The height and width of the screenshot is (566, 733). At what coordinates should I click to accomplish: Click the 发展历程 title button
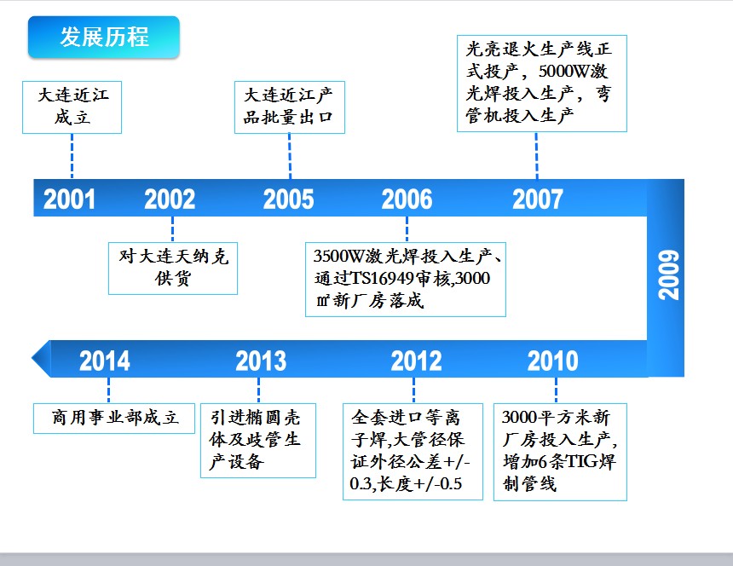click(x=104, y=37)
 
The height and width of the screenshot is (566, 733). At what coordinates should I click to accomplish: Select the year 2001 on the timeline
click(x=69, y=199)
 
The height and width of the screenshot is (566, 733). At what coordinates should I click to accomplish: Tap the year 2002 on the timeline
click(x=170, y=199)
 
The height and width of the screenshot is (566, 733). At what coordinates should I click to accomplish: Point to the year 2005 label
click(x=288, y=199)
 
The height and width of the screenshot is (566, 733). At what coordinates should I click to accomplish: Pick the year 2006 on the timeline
click(x=407, y=199)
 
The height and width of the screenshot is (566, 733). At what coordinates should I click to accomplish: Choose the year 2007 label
click(x=538, y=199)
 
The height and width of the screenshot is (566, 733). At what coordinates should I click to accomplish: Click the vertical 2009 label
click(x=668, y=274)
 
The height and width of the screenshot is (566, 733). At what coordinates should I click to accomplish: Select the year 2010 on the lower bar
click(x=553, y=361)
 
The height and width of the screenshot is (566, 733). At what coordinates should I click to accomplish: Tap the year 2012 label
click(x=417, y=361)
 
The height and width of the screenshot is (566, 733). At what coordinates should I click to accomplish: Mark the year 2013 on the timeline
click(x=261, y=361)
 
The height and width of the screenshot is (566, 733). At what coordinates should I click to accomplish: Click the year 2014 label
click(x=105, y=361)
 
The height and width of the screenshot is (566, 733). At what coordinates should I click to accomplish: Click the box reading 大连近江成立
click(x=72, y=107)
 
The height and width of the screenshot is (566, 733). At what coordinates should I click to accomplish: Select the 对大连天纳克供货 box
click(x=173, y=269)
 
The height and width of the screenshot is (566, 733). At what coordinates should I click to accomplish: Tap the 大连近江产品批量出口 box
click(x=290, y=107)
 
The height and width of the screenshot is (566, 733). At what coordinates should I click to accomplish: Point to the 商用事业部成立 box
click(x=114, y=419)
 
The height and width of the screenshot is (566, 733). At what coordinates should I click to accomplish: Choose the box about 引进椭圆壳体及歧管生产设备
click(x=258, y=441)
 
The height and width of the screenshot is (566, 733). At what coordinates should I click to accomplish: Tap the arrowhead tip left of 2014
click(x=32, y=359)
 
